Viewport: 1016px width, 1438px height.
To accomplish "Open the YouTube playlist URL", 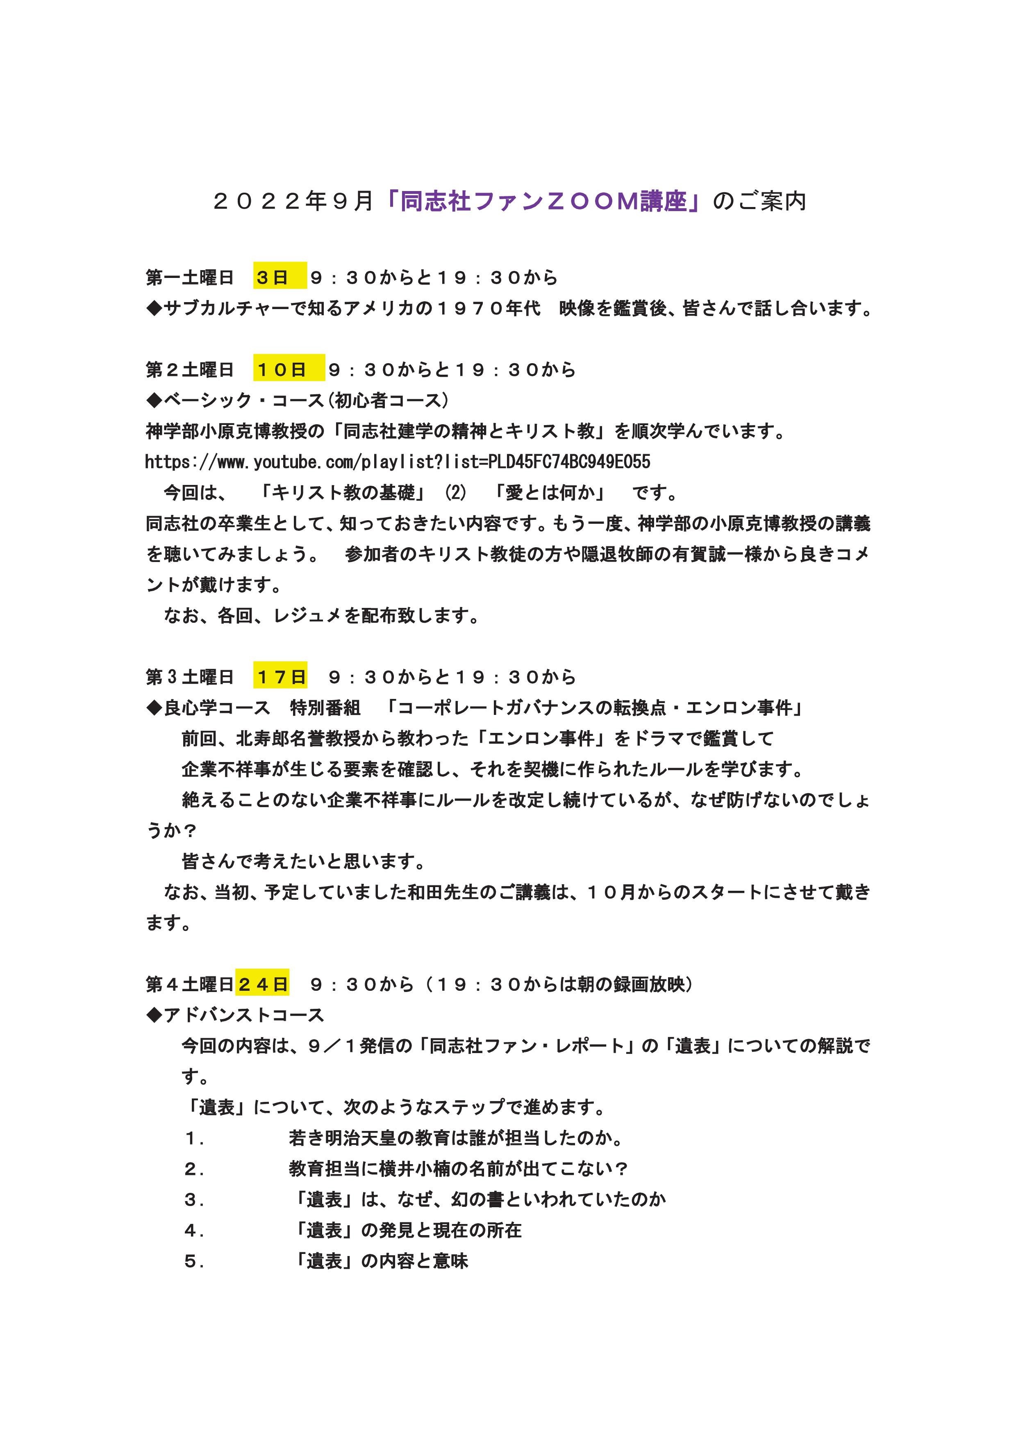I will (398, 462).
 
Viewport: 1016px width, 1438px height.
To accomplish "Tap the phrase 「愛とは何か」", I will (550, 493).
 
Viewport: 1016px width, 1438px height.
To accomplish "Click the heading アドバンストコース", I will (244, 1015).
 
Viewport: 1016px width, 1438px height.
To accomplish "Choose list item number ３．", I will (194, 1200).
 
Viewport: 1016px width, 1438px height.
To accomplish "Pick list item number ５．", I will (194, 1261).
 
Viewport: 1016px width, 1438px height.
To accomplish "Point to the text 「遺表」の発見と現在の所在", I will (408, 1231).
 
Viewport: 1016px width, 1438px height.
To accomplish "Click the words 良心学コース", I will (216, 708).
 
